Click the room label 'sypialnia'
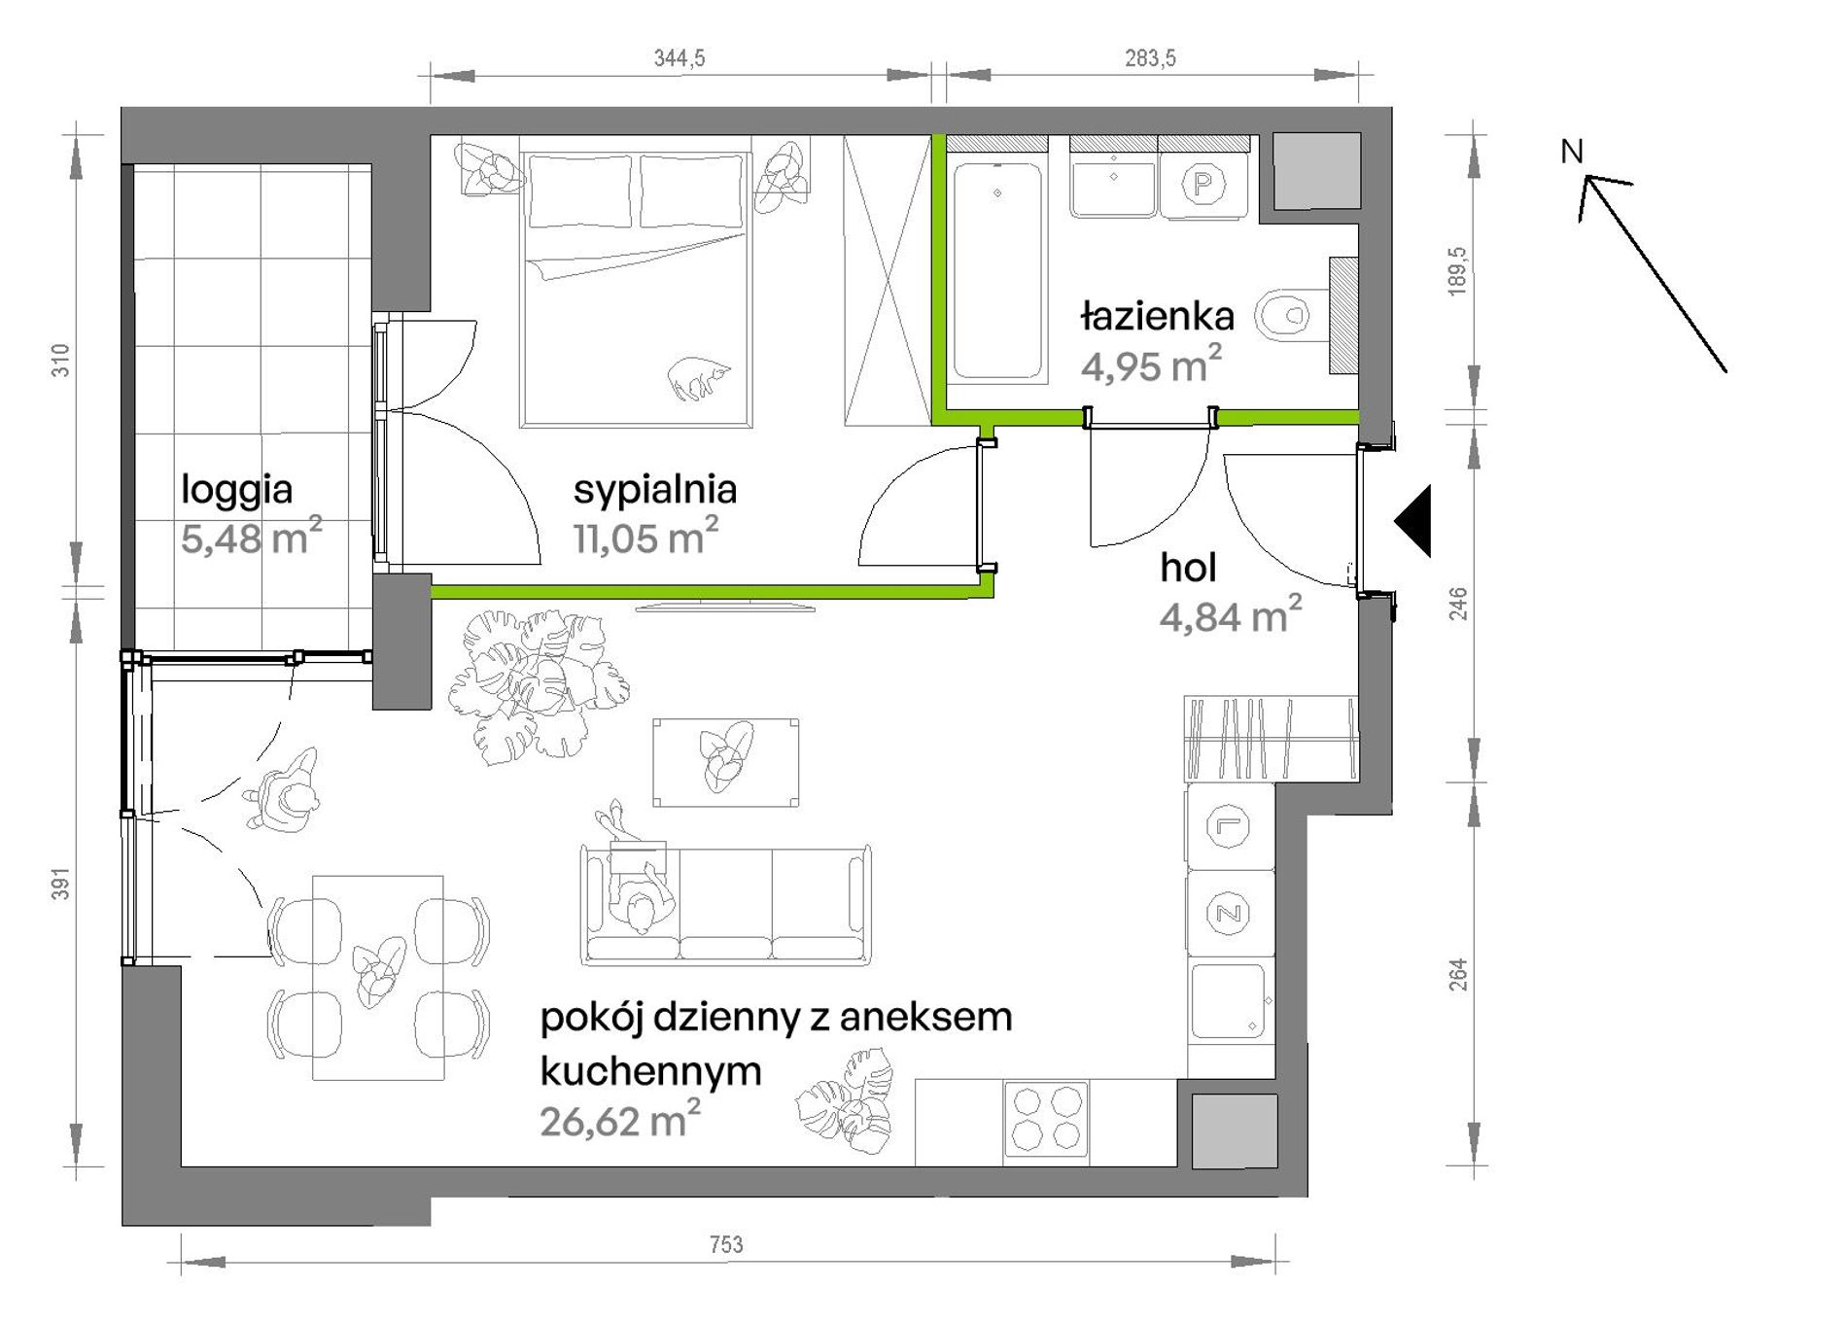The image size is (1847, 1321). (x=654, y=490)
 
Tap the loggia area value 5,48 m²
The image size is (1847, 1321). (x=251, y=537)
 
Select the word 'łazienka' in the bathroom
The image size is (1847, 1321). (x=1157, y=316)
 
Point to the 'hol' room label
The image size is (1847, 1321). (x=1188, y=568)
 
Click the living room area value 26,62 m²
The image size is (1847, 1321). (x=620, y=1120)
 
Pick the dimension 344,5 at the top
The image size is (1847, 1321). (x=680, y=58)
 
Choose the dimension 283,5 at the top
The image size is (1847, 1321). (x=1150, y=58)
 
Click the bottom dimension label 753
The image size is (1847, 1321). (x=726, y=1244)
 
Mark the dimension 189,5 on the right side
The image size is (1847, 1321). (x=1457, y=270)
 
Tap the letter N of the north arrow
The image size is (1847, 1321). (x=1572, y=152)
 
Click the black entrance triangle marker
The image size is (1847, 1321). (x=1414, y=521)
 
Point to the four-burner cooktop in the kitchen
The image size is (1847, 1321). (x=1046, y=1119)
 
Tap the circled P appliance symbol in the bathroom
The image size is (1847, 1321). (x=1203, y=183)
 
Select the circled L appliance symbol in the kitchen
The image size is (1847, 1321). (x=1228, y=827)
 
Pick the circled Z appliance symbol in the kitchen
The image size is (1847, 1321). (x=1228, y=914)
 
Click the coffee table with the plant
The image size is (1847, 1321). (x=726, y=762)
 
